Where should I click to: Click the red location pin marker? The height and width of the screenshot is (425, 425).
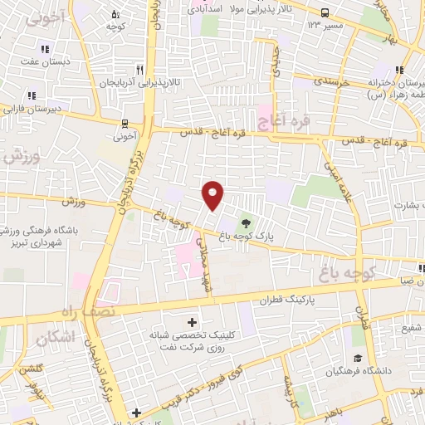213,195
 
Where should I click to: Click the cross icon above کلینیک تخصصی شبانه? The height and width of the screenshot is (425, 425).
193,321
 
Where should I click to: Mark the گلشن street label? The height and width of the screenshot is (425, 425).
30,367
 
